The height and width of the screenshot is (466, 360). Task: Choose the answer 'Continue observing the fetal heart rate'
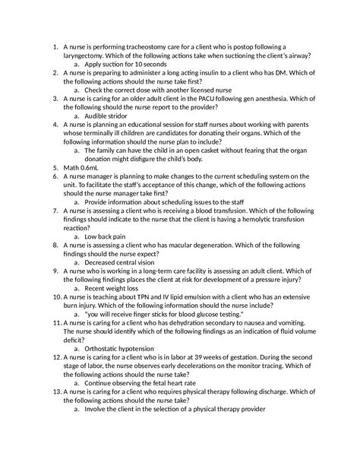tap(146, 385)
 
